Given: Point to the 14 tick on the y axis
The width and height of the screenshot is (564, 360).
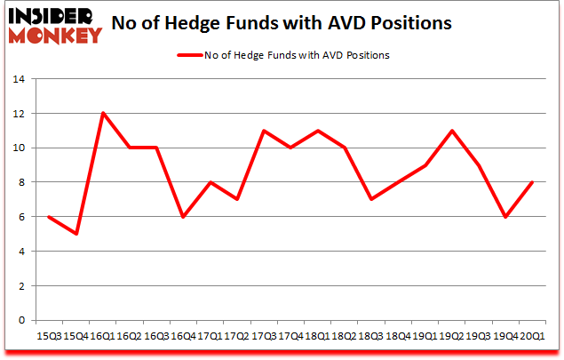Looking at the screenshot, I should (19, 79).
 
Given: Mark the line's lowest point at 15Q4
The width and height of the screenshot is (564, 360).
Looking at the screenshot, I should (75, 234).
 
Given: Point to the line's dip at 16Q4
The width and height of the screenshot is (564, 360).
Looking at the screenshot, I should (183, 217).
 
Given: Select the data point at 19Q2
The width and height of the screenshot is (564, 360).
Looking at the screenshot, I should (452, 131).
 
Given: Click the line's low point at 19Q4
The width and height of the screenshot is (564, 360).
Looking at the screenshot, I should (506, 217).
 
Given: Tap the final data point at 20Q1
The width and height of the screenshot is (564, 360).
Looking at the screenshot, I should (533, 182).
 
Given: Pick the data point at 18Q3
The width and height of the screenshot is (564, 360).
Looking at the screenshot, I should (371, 199).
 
